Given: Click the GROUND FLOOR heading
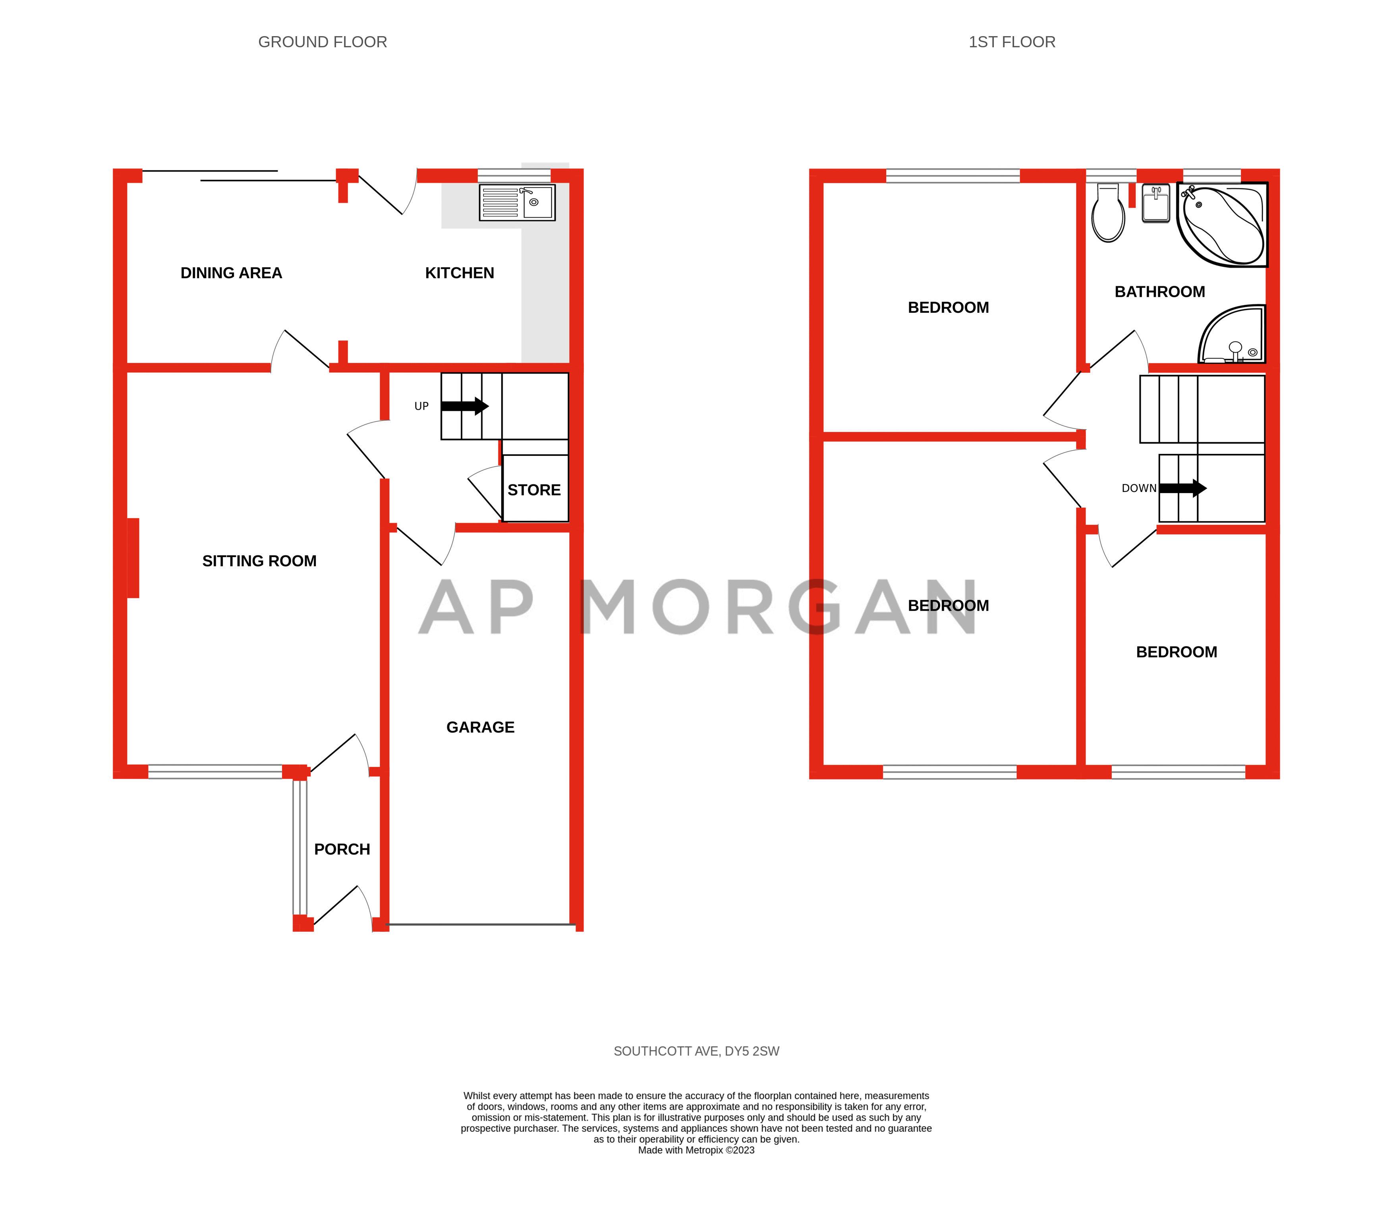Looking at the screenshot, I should (x=323, y=42).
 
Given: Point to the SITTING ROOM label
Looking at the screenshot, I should (x=259, y=561).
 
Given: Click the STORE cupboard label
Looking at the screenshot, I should (x=534, y=490).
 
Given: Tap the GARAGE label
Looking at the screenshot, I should (x=480, y=727).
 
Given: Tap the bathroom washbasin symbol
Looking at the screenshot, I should (x=1156, y=204).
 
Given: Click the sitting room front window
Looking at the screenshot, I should (x=214, y=772).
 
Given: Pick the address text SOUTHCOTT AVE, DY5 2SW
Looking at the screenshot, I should (x=696, y=1051).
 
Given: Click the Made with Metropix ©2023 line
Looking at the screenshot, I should (x=696, y=1150).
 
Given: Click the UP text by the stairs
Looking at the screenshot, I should (x=421, y=407).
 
